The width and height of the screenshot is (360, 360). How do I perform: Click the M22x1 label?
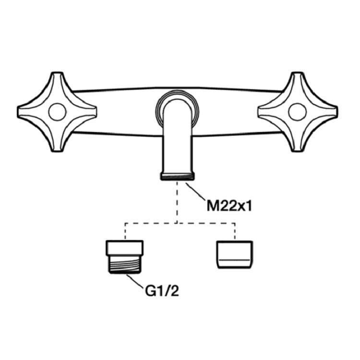[229, 206]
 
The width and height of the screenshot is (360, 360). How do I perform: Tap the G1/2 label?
[162, 291]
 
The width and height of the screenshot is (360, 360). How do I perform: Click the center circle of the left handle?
[58, 112]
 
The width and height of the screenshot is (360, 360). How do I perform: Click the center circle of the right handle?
[297, 112]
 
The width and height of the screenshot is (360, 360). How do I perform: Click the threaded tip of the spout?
[177, 177]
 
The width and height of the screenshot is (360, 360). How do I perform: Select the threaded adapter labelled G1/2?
[125, 257]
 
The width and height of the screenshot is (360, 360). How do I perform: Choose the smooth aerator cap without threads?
[235, 254]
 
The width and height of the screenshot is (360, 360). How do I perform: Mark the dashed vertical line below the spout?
[177, 202]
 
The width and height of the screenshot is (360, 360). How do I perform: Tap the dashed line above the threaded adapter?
[125, 231]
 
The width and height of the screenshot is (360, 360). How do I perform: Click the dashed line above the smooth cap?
[235, 231]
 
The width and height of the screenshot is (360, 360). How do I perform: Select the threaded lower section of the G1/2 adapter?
[125, 264]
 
